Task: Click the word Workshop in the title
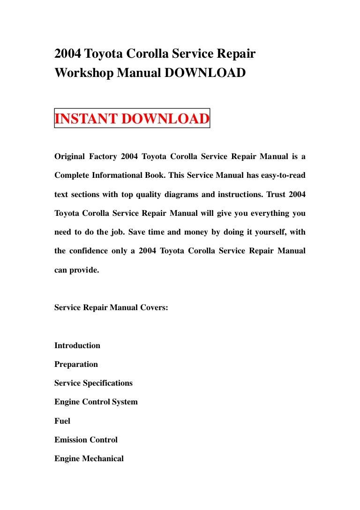(x=82, y=74)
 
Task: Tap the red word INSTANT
(x=86, y=119)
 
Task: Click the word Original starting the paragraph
(x=71, y=156)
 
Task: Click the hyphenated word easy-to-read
(x=280, y=175)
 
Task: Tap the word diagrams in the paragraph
(x=183, y=194)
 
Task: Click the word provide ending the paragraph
(x=85, y=270)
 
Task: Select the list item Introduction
(x=77, y=345)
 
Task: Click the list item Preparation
(x=76, y=364)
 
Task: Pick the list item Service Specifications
(x=93, y=383)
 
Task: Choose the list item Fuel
(x=62, y=421)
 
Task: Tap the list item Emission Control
(x=86, y=440)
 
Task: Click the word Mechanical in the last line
(x=103, y=458)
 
